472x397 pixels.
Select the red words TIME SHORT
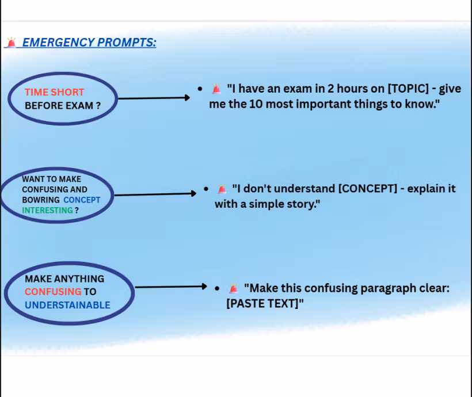(x=54, y=92)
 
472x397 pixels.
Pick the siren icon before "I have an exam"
(x=216, y=89)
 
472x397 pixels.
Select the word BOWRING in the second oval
(x=41, y=200)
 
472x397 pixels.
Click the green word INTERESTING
(x=47, y=210)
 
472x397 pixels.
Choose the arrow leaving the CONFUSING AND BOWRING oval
(x=155, y=194)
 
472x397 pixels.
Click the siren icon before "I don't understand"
(x=222, y=189)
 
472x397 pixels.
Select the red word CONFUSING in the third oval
(x=53, y=292)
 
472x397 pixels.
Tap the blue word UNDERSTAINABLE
(x=67, y=305)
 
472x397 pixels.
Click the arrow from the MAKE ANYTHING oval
(x=170, y=287)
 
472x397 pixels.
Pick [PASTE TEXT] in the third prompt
(x=262, y=304)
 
